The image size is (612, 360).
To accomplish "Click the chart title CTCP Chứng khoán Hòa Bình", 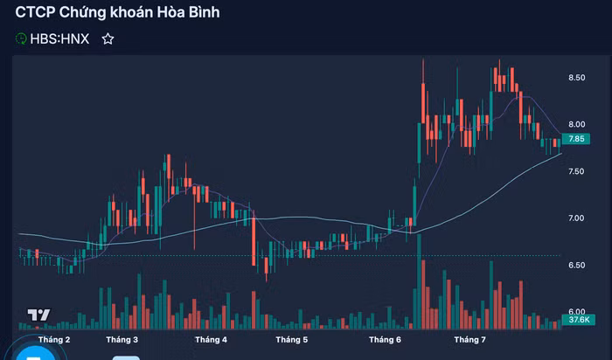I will coord(117,12).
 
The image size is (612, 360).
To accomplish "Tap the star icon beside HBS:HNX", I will coord(108,38).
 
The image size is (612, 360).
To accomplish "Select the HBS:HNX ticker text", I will coord(60,38).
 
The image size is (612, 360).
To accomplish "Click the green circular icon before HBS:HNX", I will coord(21,38).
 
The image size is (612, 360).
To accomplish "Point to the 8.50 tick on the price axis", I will coord(576,78).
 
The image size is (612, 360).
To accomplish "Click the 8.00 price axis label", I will coord(576,124).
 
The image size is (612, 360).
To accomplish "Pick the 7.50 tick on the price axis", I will coord(576,171).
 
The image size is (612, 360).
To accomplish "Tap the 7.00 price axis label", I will coord(576,218).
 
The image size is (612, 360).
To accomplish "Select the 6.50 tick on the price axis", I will coord(576,264).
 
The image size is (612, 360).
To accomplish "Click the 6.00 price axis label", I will coord(576,311).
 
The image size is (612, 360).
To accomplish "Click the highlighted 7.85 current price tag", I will coord(576,139).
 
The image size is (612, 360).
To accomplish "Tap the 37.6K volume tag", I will coord(576,321).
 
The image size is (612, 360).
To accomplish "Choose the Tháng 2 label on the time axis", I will coord(54,339).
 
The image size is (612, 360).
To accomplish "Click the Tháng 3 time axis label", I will coord(122,339).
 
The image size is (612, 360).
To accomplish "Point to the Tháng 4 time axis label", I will coord(211,339).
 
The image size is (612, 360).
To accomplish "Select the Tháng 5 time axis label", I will coord(291,339).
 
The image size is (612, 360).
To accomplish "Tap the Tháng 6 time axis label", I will coord(385,339).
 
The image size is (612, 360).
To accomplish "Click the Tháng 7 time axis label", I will coord(469,339).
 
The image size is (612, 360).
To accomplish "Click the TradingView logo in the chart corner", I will coord(38,315).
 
